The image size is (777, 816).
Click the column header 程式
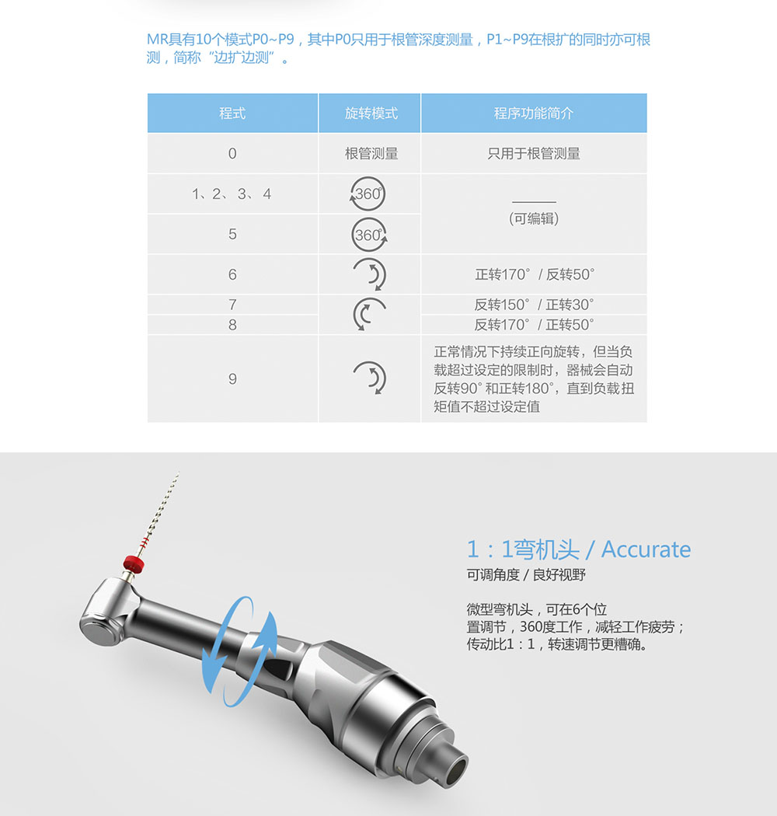[232, 113]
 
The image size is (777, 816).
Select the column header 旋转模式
[371, 113]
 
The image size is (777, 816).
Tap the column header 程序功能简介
[534, 113]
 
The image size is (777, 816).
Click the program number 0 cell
[232, 154]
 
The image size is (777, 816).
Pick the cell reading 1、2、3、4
[232, 194]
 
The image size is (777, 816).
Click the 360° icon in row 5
[369, 235]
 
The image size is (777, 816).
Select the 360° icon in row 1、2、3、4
[368, 194]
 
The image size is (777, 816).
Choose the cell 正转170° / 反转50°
[534, 274]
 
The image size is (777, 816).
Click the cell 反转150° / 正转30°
[534, 305]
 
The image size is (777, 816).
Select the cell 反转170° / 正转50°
[534, 325]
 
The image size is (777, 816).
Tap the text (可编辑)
[534, 218]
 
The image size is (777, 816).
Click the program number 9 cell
[232, 379]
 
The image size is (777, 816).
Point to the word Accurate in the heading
[646, 549]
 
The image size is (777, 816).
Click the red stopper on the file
[133, 563]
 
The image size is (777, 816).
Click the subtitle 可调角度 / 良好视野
[525, 575]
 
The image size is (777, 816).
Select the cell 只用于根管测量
[534, 154]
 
